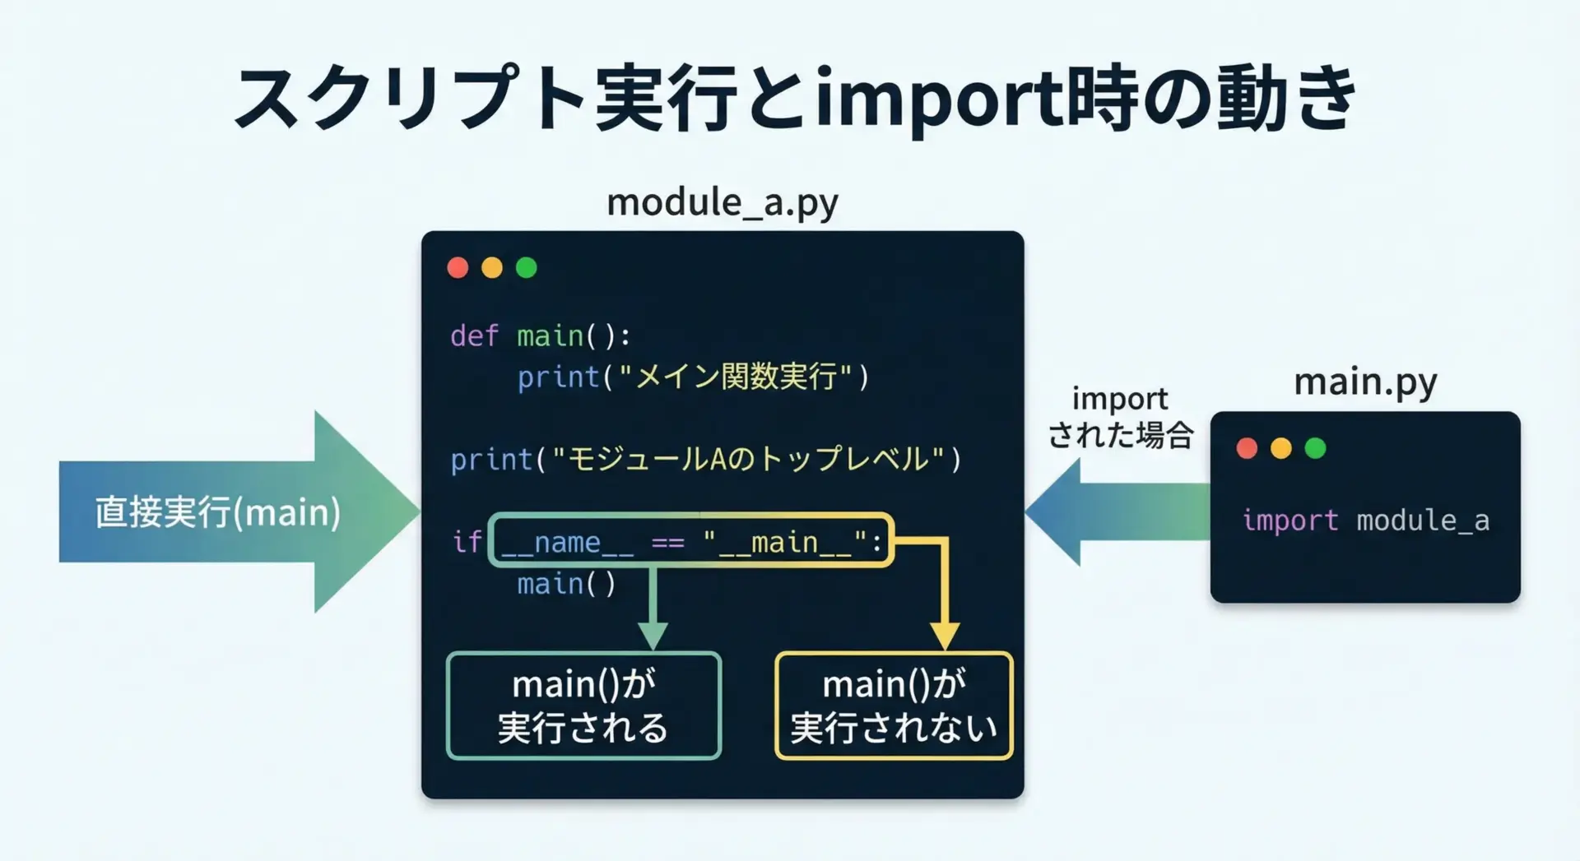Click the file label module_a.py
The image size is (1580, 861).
[x=722, y=202]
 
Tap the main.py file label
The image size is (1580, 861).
[x=1364, y=382]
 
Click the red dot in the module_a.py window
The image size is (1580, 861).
[x=458, y=267]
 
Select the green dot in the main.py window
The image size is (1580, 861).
[x=1315, y=448]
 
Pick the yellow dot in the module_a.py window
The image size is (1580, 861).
[x=492, y=267]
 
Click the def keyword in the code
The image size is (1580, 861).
[x=474, y=336]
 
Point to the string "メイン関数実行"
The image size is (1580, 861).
[x=735, y=377]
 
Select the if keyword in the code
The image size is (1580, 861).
[x=467, y=541]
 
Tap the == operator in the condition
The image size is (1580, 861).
[x=667, y=542]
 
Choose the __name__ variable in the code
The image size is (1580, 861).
[x=567, y=542]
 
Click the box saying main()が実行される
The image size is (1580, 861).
[x=583, y=706]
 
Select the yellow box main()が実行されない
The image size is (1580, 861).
[x=894, y=706]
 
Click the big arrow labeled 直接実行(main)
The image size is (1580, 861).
[x=218, y=512]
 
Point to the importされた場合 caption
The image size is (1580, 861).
[x=1120, y=418]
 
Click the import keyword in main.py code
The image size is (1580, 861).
[x=1290, y=520]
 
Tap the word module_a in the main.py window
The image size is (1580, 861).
[x=1423, y=520]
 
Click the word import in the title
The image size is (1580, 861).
[x=937, y=99]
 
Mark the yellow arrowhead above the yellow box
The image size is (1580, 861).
[x=945, y=636]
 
